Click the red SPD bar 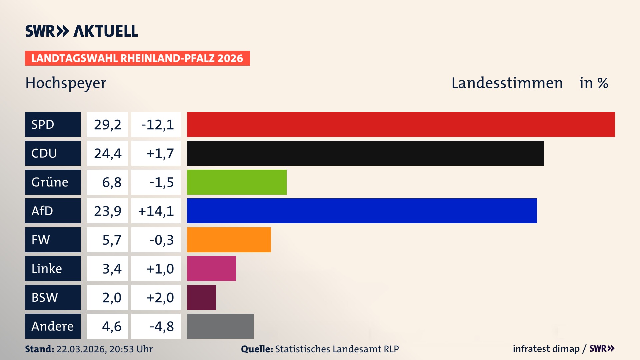pyautogui.click(x=401, y=124)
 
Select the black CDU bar pyautogui.click(x=365, y=153)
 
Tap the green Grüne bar pyautogui.click(x=237, y=182)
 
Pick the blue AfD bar pyautogui.click(x=362, y=211)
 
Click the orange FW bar pyautogui.click(x=229, y=240)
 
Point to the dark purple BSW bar pyautogui.click(x=201, y=297)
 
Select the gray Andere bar pyautogui.click(x=220, y=326)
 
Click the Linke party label pyautogui.click(x=47, y=269)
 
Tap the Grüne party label pyautogui.click(x=50, y=182)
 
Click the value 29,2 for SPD pyautogui.click(x=107, y=125)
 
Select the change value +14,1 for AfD pyautogui.click(x=156, y=211)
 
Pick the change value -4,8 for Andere pyautogui.click(x=161, y=326)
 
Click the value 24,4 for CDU pyautogui.click(x=107, y=153)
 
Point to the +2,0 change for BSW pyautogui.click(x=160, y=297)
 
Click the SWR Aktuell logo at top pyautogui.click(x=81, y=31)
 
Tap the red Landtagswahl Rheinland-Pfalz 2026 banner pyautogui.click(x=137, y=58)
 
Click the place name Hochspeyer pyautogui.click(x=66, y=83)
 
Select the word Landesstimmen pyautogui.click(x=507, y=83)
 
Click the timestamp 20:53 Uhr pyautogui.click(x=131, y=349)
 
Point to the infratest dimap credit pyautogui.click(x=546, y=349)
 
